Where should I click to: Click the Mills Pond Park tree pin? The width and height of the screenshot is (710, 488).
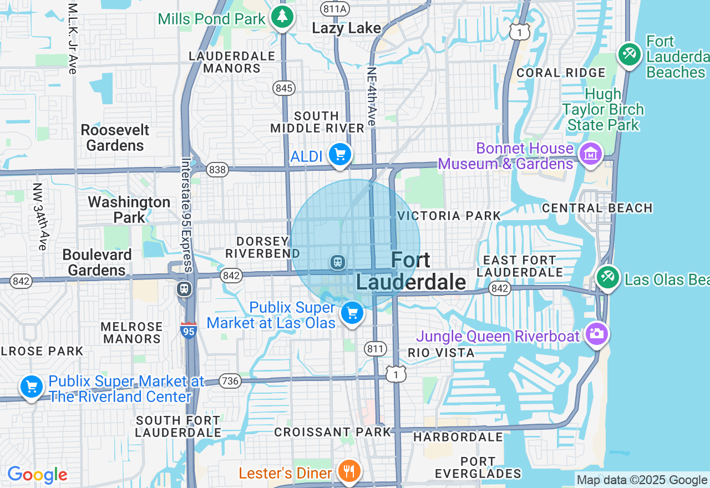282,17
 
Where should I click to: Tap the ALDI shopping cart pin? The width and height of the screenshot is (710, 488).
340,154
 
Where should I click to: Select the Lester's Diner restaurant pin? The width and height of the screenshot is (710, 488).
349,471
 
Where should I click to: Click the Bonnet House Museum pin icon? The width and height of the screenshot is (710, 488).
590,154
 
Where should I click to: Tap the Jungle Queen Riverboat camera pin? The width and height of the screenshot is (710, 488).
596,334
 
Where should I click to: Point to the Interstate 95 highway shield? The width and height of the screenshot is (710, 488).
189,331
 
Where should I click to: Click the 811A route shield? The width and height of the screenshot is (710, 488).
335,8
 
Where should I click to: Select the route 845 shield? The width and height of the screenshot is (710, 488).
284,88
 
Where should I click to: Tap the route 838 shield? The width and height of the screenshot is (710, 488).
217,170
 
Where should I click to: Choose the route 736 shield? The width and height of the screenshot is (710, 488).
230,381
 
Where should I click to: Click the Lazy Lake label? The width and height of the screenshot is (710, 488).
346,28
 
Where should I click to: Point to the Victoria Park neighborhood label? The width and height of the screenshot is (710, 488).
449,216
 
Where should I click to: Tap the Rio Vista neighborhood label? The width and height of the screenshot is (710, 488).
441,353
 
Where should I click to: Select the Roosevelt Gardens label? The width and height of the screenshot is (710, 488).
115,138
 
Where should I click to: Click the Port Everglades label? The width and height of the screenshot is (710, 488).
478,467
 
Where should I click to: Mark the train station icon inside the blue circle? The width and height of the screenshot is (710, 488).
337,262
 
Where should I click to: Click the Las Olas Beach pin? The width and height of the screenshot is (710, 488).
608,277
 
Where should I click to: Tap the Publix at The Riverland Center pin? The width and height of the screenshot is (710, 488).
32,387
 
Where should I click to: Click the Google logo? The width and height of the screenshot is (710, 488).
37,475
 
